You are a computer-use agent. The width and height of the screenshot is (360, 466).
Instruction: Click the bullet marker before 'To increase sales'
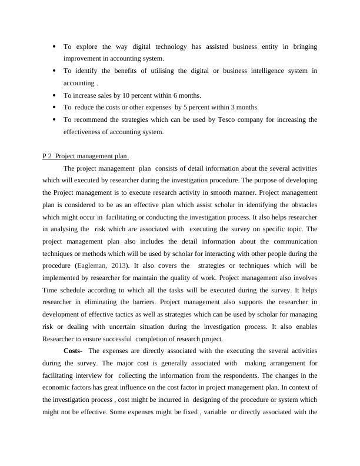[x=54, y=95]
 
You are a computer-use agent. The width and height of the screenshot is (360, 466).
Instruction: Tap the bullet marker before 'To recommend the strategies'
[x=54, y=119]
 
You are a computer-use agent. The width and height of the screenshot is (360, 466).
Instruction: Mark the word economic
[x=58, y=388]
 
